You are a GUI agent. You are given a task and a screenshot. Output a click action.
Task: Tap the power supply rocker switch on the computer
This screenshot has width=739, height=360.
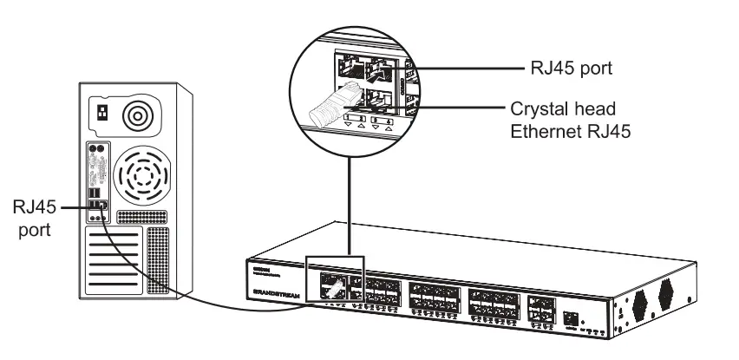click(x=103, y=113)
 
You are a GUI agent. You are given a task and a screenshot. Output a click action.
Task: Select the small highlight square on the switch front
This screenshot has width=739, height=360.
click(x=336, y=278)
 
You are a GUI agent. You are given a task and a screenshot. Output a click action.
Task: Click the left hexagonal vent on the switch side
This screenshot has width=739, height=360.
click(x=640, y=302)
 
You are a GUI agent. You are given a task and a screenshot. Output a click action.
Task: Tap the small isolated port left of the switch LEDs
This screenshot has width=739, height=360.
click(x=570, y=318)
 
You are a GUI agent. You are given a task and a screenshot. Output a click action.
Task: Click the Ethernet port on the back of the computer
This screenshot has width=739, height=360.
click(x=102, y=206)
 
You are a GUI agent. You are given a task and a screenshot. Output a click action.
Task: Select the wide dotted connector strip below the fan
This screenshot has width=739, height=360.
click(x=139, y=214)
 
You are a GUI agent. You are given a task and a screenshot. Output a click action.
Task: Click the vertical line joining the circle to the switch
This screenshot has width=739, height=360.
click(x=349, y=200)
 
